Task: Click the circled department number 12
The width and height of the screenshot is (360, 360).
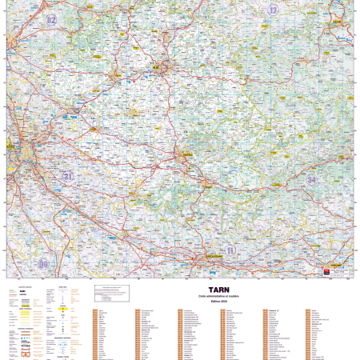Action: [x=274, y=10]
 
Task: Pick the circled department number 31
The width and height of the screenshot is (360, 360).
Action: [x=68, y=175]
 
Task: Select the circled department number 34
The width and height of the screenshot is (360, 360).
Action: [x=312, y=179]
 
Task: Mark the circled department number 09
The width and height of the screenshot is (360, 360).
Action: [x=43, y=263]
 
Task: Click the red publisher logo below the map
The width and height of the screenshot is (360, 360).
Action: [x=326, y=272]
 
